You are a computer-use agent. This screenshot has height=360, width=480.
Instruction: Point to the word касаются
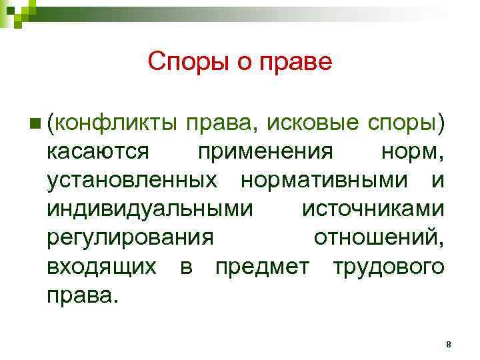click(x=98, y=152)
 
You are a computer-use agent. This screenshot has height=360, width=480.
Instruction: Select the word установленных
click(x=131, y=181)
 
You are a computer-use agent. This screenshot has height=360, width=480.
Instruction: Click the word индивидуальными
click(x=150, y=209)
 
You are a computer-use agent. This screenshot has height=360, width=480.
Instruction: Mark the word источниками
click(x=373, y=209)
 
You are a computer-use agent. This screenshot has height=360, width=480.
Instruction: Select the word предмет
click(x=262, y=267)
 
